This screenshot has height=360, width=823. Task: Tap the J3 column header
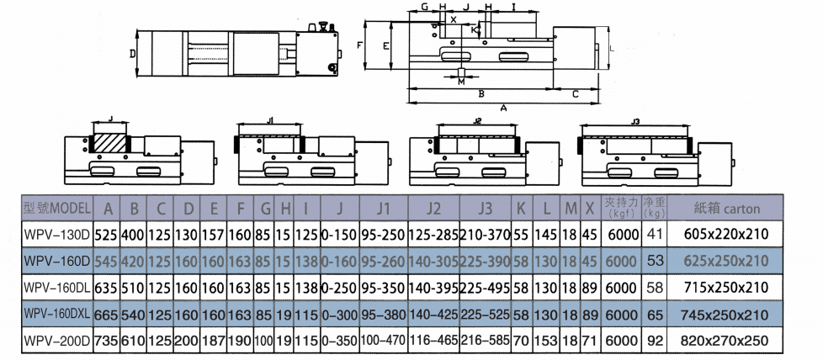485,207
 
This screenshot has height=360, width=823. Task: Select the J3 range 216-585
485,342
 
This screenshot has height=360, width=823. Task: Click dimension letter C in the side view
575,93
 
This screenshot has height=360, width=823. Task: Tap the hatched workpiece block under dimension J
109,145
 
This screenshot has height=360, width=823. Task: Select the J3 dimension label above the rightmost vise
635,122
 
